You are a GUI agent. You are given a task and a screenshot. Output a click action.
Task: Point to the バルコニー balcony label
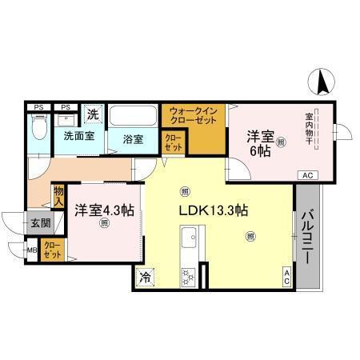[x=307, y=237]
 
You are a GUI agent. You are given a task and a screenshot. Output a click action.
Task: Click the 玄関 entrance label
[x=40, y=224]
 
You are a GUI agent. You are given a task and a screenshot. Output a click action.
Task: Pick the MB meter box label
[x=33, y=250]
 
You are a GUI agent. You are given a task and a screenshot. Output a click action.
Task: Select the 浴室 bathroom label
[x=133, y=138]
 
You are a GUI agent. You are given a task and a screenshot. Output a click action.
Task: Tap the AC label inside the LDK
[x=286, y=277]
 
